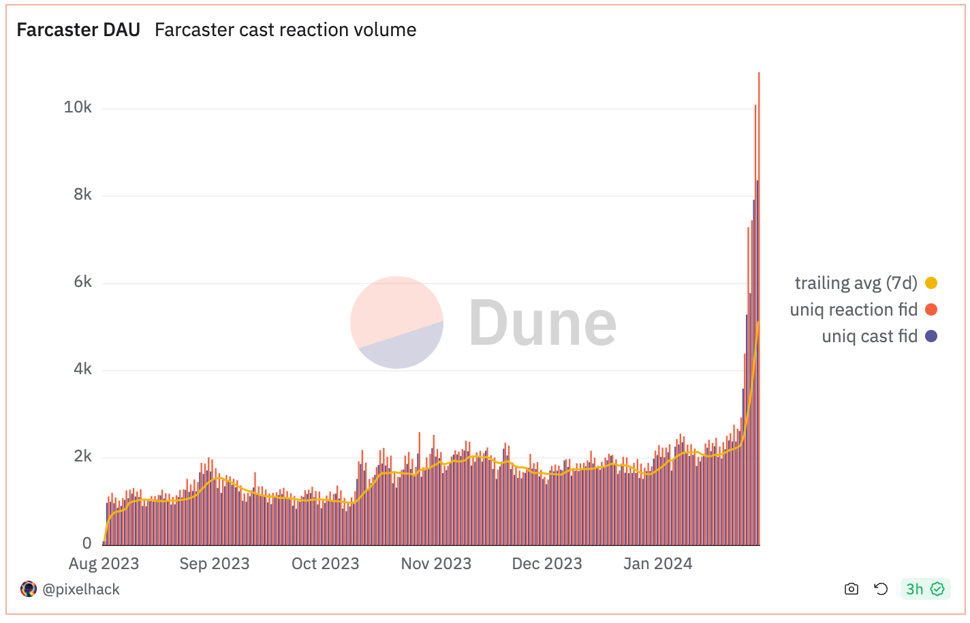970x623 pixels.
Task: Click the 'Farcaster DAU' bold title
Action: coord(78,30)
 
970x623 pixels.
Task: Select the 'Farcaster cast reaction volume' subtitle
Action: coord(285,30)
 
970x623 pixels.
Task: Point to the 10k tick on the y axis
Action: coord(78,108)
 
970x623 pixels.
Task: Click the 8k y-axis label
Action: coord(82,195)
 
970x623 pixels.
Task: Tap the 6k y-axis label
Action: coord(82,282)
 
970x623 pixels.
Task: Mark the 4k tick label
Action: coord(82,369)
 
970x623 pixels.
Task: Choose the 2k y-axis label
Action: coord(82,457)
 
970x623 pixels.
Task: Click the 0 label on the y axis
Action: coord(87,543)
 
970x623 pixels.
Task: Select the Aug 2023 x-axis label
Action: coord(104,564)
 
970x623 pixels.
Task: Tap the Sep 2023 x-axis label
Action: coord(215,564)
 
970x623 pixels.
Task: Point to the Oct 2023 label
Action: coord(325,564)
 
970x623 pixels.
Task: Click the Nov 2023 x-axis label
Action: coord(436,564)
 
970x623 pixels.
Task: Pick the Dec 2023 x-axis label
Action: coord(547,564)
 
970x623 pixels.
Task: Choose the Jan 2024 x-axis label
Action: coord(658,564)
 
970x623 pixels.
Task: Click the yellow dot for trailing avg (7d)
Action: coord(931,283)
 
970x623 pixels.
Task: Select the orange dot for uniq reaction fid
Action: coord(931,309)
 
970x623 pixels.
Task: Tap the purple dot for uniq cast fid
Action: coord(931,336)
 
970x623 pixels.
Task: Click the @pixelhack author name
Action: coord(81,590)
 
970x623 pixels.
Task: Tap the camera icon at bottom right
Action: coord(851,589)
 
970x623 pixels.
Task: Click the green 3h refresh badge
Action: coord(924,589)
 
